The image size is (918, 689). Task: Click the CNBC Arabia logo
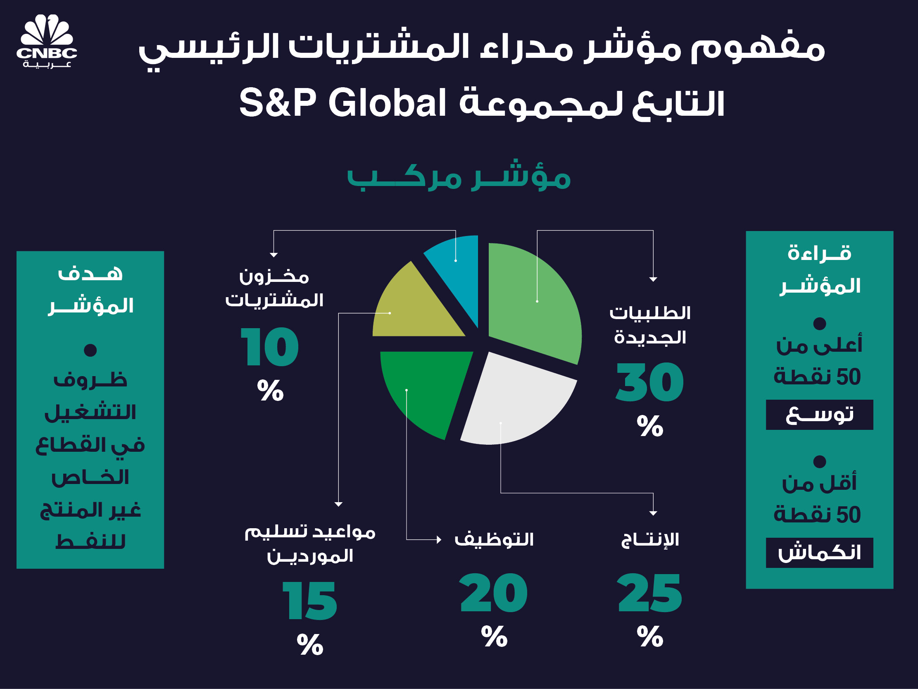coord(47,41)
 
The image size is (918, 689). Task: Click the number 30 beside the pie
coord(649,382)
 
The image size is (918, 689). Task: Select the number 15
coord(310,601)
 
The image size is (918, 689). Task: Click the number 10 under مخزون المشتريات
coord(270,347)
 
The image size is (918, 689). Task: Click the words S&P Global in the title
coord(342,103)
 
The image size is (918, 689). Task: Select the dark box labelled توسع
coord(819,415)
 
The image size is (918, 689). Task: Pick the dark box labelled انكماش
coord(819,553)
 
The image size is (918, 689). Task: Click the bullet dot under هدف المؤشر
coord(90,350)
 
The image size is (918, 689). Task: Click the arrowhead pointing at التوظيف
coord(439,539)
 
